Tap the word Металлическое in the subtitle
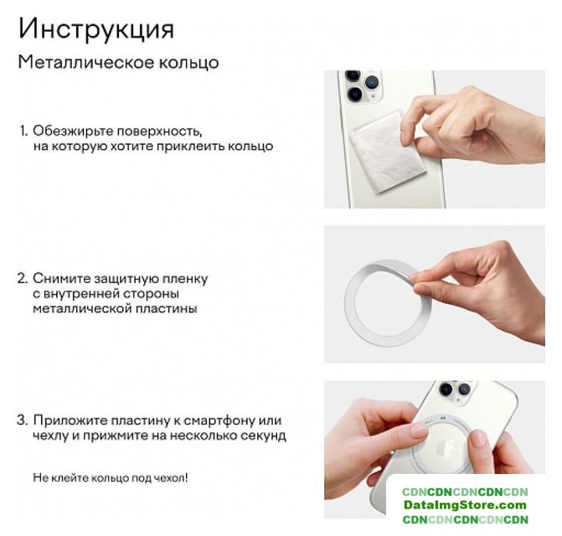coord(85,63)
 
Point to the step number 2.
coord(23,278)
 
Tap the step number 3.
coord(23,420)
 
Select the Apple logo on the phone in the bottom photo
coord(446,447)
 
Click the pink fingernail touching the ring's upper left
coord(420,430)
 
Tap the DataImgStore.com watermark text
coord(465,505)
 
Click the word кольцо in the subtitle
coord(189,63)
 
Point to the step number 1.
coord(23,131)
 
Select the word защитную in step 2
coord(126,279)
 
